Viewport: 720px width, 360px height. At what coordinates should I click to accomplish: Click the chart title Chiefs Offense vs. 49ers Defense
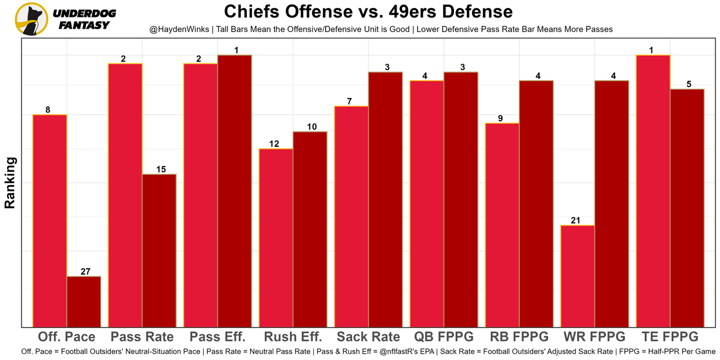pos(368,12)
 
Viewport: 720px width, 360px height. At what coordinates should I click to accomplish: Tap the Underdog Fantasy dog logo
pos(31,19)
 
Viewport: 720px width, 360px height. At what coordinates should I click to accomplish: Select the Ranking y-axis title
pos(10,183)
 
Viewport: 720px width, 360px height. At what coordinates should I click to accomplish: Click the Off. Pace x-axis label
pos(66,337)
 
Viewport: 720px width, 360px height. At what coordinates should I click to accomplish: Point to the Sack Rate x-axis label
pos(368,337)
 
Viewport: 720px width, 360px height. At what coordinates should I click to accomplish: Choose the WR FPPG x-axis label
pos(595,337)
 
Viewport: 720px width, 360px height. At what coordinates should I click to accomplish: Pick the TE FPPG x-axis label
pos(670,337)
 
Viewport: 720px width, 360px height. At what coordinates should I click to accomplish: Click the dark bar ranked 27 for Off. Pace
pos(84,301)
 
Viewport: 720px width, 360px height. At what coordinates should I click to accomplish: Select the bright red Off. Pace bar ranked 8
pos(50,220)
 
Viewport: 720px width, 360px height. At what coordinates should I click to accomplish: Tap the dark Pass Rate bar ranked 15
pos(159,250)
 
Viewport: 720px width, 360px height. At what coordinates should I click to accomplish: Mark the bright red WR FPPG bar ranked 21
pos(578,276)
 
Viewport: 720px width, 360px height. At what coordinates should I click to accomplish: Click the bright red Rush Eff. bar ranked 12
pos(276,237)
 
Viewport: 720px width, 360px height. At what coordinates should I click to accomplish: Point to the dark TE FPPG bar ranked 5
pos(687,208)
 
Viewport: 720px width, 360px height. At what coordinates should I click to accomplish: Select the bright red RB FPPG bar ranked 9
pos(502,224)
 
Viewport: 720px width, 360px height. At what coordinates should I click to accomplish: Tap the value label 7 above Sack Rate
pos(349,101)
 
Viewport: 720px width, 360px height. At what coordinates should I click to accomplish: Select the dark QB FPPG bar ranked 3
pos(461,199)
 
